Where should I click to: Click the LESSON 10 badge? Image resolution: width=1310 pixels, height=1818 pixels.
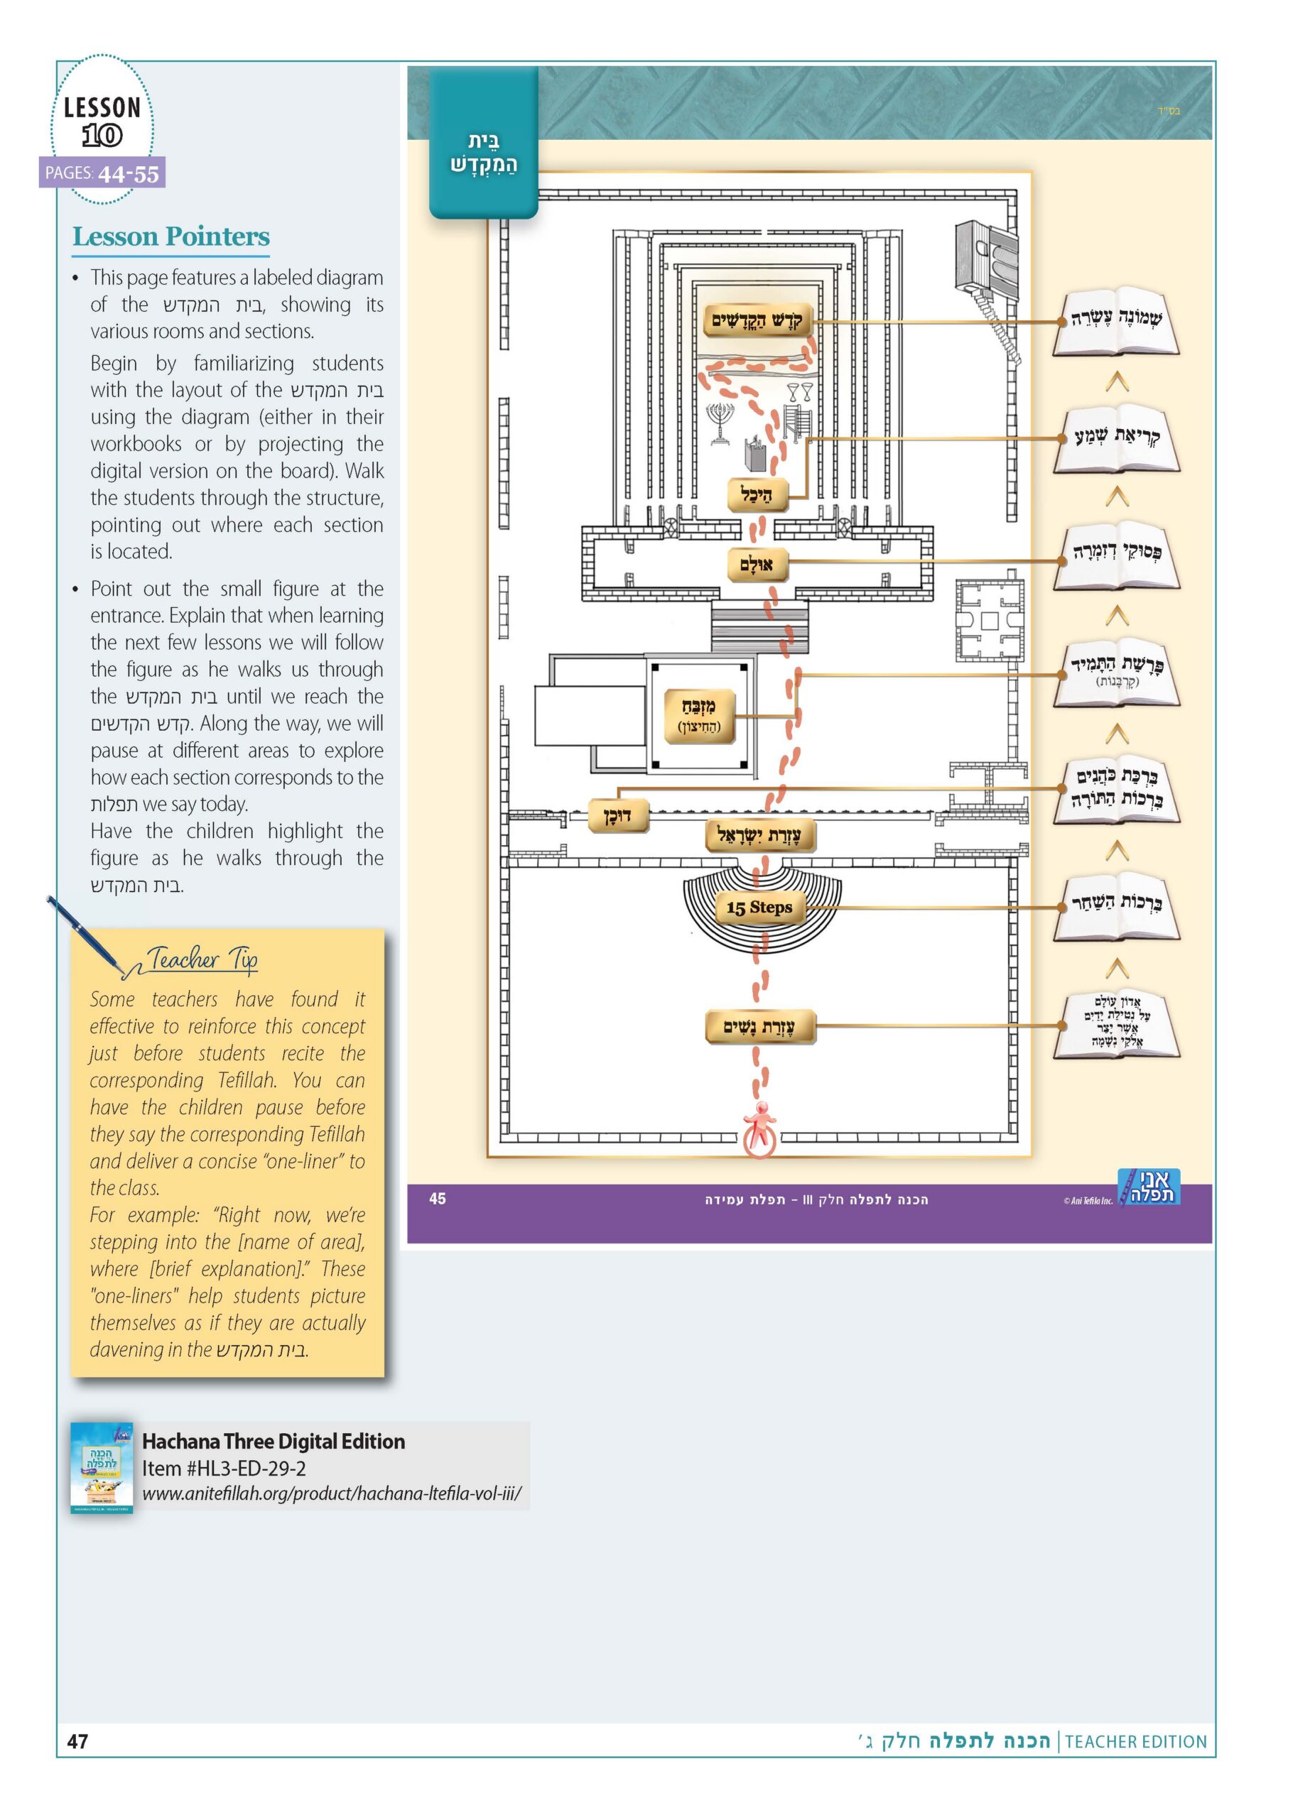coord(102,120)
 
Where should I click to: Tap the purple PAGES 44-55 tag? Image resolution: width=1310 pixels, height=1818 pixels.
coord(102,173)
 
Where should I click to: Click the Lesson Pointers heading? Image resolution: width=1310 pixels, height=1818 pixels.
coord(170,236)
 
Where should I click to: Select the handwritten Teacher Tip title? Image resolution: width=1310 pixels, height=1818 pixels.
coord(201,959)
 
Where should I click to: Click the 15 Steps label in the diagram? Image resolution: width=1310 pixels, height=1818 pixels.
coord(759,908)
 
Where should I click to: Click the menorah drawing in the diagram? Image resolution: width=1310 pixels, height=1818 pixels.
coord(720,423)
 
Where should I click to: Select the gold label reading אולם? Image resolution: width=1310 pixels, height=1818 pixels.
coord(756,565)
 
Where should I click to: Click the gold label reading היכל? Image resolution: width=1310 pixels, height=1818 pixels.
coord(757,494)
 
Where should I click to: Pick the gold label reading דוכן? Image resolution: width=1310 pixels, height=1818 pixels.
coord(617,816)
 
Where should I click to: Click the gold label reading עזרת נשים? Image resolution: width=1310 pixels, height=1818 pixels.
coord(759,1027)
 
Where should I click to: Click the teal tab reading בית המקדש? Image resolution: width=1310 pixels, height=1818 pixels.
coord(483,143)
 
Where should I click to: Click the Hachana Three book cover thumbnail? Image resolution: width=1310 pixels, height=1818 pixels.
coord(102,1469)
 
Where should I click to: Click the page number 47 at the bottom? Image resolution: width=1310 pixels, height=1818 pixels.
coord(77,1741)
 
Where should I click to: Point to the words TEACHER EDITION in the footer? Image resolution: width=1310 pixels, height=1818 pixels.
coord(1135,1741)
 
